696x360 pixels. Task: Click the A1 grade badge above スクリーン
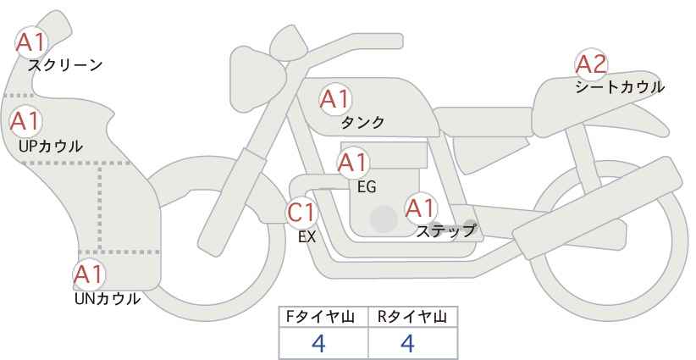tap(31, 42)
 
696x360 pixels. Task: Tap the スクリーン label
tap(65, 65)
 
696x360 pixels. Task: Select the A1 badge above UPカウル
tap(25, 121)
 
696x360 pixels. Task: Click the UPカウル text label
tap(51, 146)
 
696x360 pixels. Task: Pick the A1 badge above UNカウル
tap(89, 274)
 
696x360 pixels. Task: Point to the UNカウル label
tap(108, 299)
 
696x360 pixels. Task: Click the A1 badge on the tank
tap(335, 99)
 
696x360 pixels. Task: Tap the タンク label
tap(362, 123)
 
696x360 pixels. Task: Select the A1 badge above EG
tap(353, 163)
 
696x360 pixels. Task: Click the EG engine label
tap(367, 187)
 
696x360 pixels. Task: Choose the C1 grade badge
tap(301, 212)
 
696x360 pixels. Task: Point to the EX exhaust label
tap(307, 237)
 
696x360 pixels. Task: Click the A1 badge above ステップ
tap(421, 208)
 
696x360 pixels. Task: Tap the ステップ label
tap(445, 231)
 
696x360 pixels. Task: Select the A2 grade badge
tap(591, 64)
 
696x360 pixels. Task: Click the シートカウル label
tap(620, 87)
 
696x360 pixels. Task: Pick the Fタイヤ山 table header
tap(320, 317)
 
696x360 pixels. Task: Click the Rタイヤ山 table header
tap(412, 317)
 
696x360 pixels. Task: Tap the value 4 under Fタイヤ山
tap(319, 343)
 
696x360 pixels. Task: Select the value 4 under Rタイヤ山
tap(407, 343)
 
